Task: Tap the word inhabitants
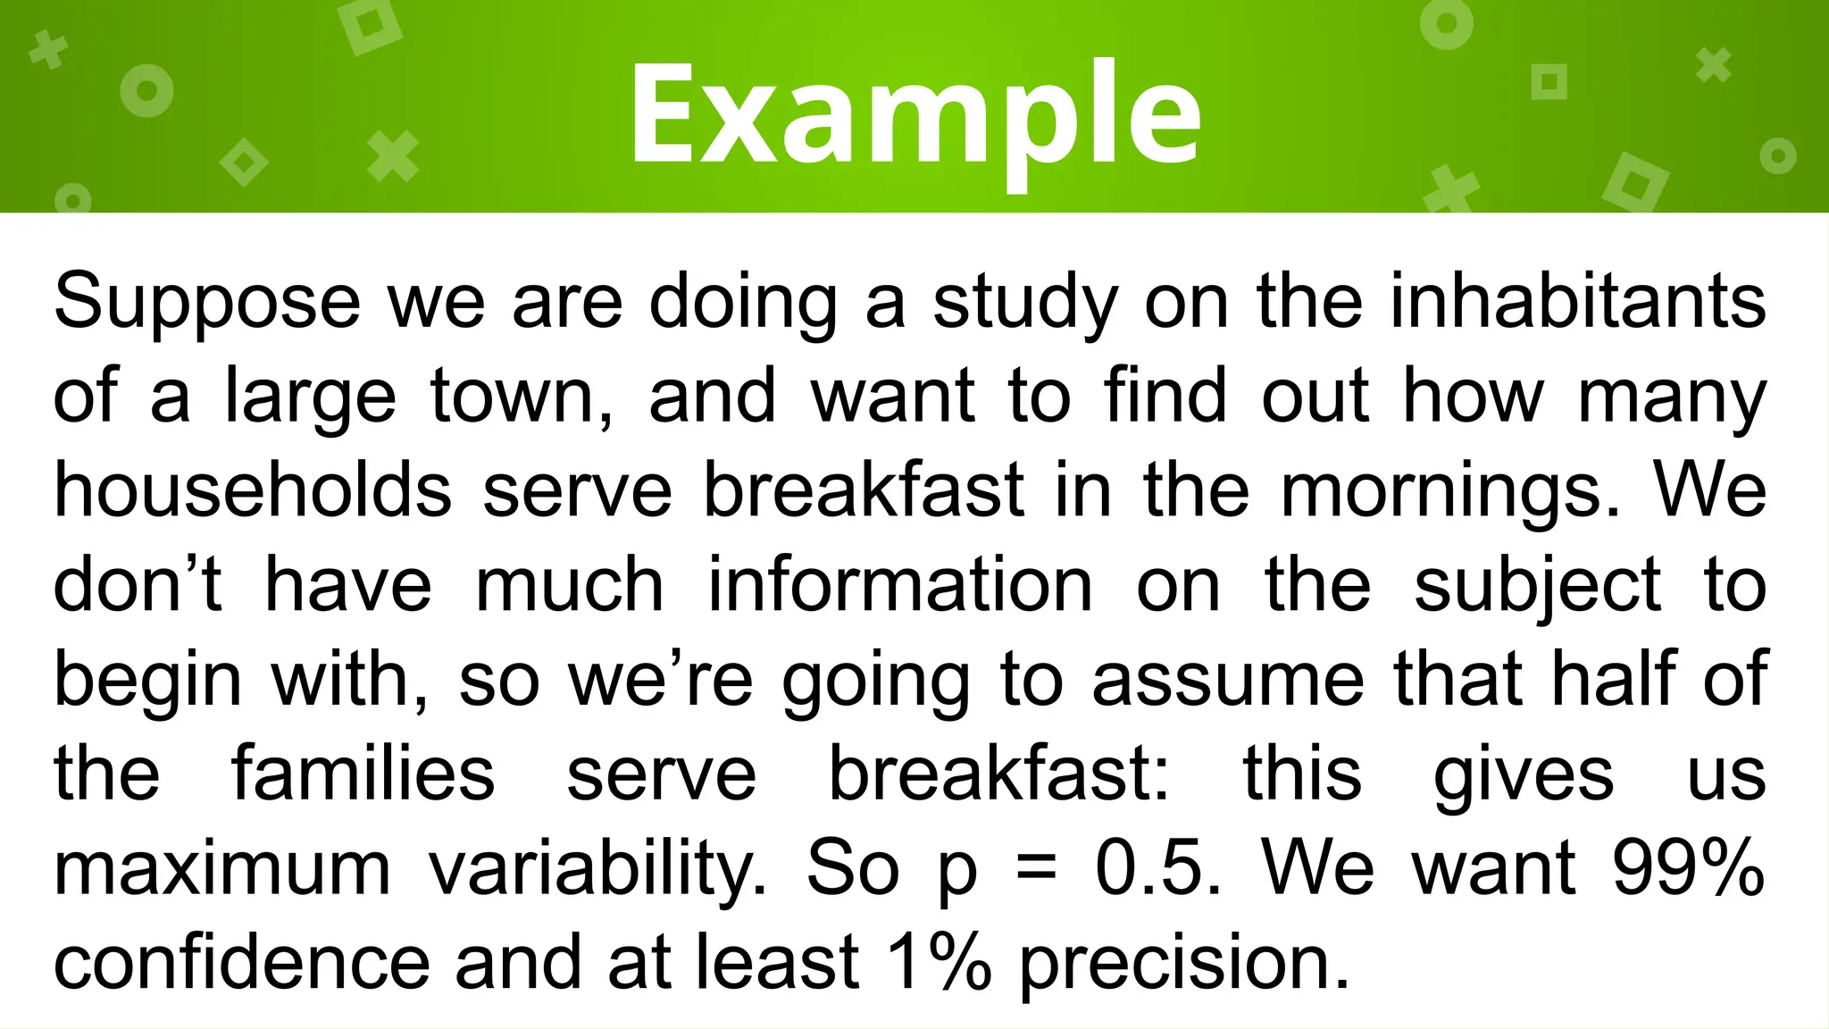pos(1578,302)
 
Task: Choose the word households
pos(253,490)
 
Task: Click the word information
pos(900,585)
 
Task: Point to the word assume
pos(1228,680)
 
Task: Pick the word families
pos(363,774)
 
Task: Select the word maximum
pos(222,868)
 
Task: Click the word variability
pos(597,869)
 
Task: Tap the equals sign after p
pos(1036,868)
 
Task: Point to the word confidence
pos(242,963)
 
